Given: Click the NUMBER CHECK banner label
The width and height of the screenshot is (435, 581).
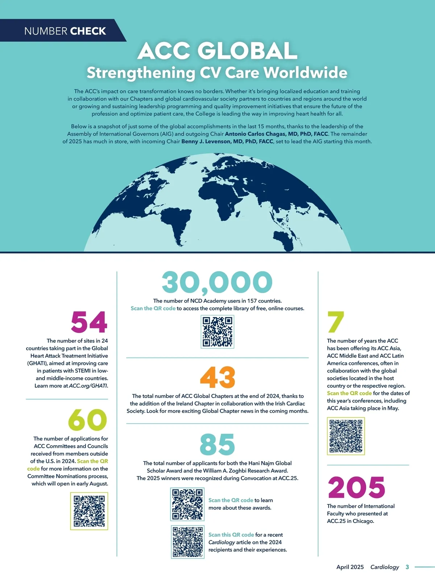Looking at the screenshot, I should coord(65,31).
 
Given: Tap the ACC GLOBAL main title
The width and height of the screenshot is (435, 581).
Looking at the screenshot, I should coord(217,51).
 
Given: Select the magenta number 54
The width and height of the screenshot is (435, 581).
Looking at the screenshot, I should coord(89,322).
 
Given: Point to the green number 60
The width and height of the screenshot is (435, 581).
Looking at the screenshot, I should coord(88,420).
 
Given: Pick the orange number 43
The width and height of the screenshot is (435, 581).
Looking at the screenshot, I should coord(217,377).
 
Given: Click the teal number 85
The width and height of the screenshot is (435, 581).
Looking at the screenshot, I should coord(217,444).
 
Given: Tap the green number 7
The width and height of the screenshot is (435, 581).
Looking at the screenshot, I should coord(336,322).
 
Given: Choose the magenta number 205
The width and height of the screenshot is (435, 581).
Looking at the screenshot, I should coord(356,487).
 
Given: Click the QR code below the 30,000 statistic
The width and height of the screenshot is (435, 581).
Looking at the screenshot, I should coord(217,332).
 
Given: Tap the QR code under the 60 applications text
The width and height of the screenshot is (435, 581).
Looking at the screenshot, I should coord(89,511).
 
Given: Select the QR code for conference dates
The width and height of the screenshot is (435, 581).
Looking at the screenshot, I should coord(346,436).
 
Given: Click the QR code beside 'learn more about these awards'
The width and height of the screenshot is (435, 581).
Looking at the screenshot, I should coord(187,504).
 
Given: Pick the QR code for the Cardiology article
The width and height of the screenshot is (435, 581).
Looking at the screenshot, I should coord(187,542).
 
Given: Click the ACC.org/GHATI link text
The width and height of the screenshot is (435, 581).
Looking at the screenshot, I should coord(88,386).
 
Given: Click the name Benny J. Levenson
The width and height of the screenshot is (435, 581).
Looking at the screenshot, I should coord(227,142).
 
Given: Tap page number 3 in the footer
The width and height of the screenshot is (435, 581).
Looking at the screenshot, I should coord(407,567).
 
